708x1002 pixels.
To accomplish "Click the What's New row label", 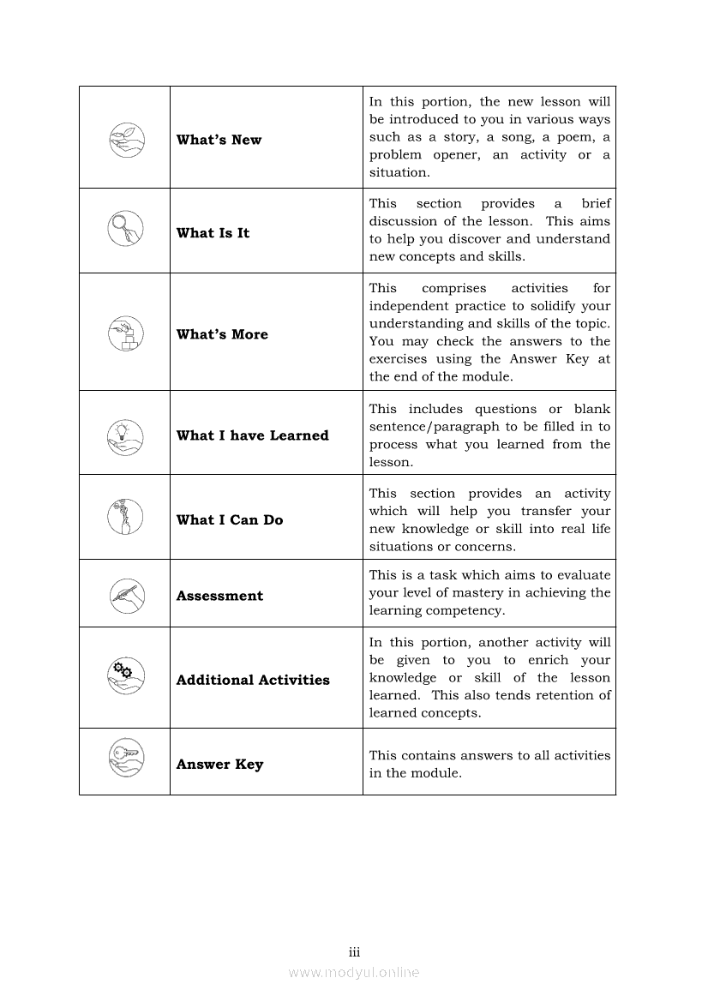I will click(219, 140).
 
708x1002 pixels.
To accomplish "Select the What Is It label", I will click(213, 233).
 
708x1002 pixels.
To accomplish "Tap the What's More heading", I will click(222, 334).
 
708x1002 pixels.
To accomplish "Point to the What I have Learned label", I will click(252, 435).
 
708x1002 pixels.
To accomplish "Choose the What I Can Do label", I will click(229, 519).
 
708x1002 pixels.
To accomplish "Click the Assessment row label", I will click(219, 596).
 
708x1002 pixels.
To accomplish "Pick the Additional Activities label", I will click(253, 680).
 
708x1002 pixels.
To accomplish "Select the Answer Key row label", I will click(219, 765).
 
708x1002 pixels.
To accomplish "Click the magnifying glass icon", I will click(125, 229).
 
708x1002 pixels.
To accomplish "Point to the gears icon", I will click(125, 673).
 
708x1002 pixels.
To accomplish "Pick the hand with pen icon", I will click(125, 594).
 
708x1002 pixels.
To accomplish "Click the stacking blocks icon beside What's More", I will click(125, 333).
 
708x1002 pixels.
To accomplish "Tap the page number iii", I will click(354, 952).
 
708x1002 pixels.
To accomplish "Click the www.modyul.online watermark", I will click(354, 972).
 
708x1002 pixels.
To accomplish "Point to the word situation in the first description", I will click(399, 172).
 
